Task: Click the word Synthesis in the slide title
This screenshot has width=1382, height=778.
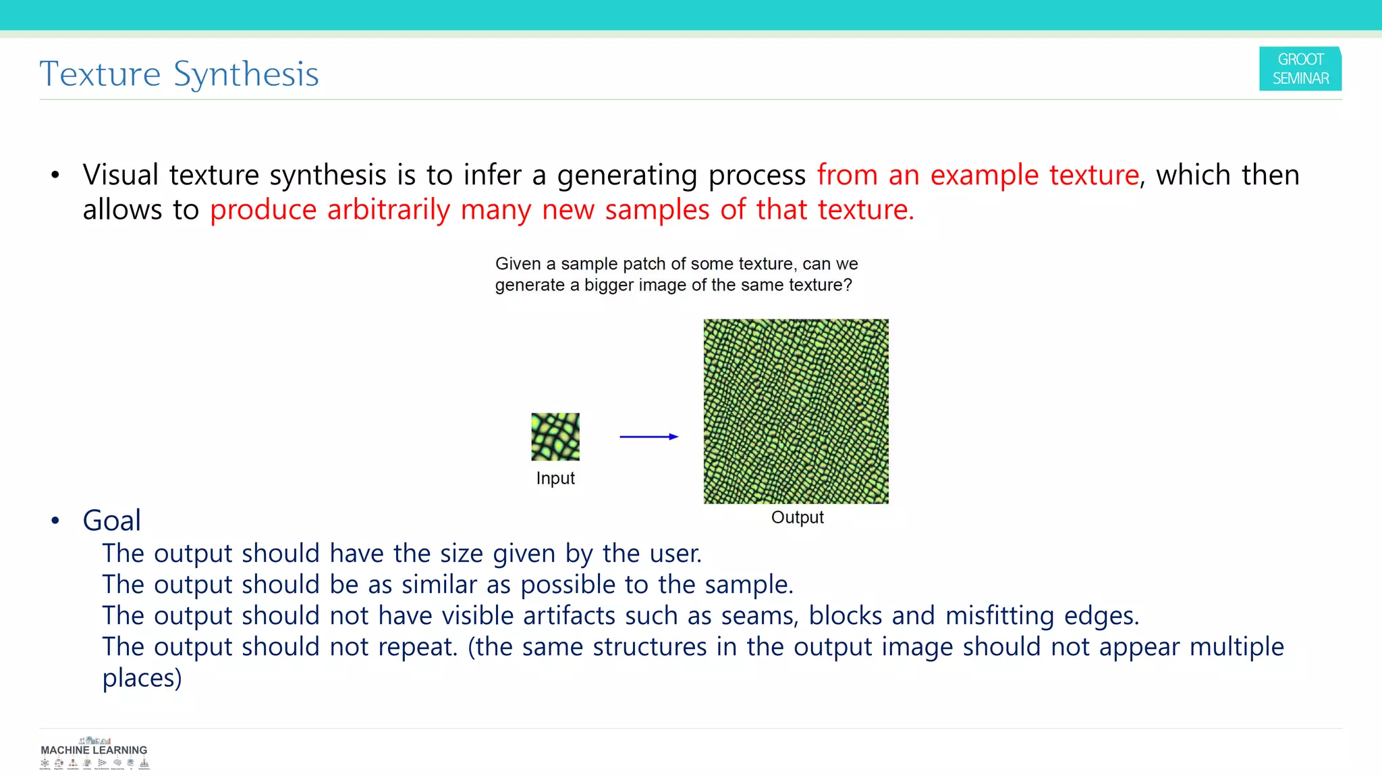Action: [246, 74]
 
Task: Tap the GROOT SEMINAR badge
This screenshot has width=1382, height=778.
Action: [1300, 69]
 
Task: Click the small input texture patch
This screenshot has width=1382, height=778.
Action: [555, 437]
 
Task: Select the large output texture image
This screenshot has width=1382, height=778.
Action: [796, 411]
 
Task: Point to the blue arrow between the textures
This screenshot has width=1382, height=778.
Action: [648, 437]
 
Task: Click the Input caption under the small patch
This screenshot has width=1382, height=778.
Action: [555, 478]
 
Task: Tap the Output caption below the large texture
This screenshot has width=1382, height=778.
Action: [797, 517]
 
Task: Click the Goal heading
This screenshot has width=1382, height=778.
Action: [111, 521]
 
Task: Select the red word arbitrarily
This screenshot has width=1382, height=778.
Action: [388, 210]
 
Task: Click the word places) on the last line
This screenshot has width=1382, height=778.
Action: [142, 678]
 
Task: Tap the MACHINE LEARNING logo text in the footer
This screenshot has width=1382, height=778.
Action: [94, 750]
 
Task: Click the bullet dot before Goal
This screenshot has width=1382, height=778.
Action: [55, 521]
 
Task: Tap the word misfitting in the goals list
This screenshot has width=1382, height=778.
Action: [999, 616]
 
